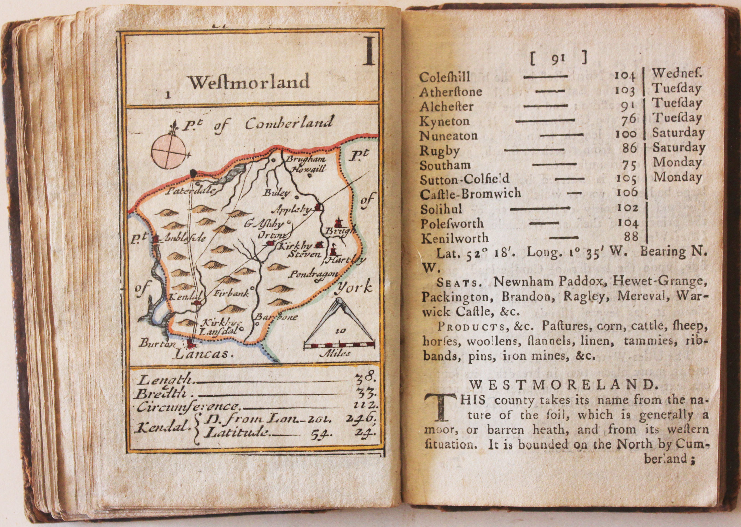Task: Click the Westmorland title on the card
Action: pos(249,83)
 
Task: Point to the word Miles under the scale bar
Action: pos(339,354)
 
